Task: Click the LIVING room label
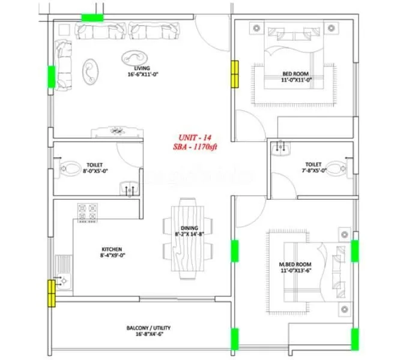click(x=142, y=68)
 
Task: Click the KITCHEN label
click(x=112, y=249)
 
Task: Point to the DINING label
click(x=187, y=227)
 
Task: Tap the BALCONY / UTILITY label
click(x=148, y=328)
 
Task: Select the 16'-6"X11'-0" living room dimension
click(x=142, y=76)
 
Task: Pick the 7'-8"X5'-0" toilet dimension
click(x=313, y=171)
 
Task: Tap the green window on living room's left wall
click(x=52, y=76)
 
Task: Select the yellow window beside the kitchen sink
click(x=52, y=291)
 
